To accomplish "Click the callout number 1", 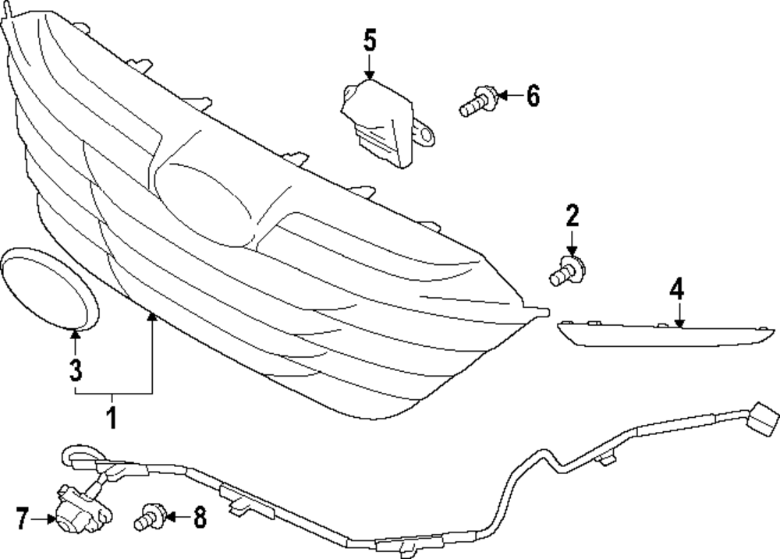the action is (x=112, y=417).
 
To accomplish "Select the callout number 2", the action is (x=572, y=215).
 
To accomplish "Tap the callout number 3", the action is (x=75, y=370).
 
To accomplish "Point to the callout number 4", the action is (x=676, y=290).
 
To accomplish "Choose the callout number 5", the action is (x=370, y=41).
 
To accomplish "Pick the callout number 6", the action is (x=533, y=95).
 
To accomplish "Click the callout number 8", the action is (x=200, y=517).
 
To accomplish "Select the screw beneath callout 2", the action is (x=568, y=271).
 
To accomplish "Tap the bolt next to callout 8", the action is (x=151, y=517).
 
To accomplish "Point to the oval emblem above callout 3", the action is (x=50, y=288).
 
